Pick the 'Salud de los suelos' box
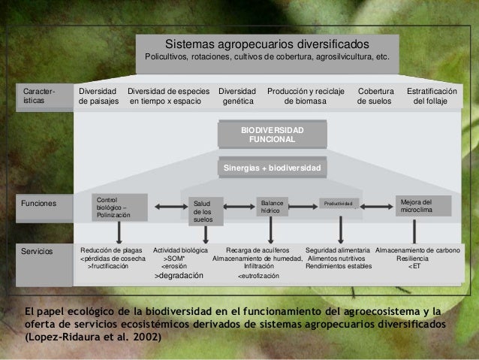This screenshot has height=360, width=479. click(x=204, y=211)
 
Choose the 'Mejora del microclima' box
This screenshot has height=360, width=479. click(x=424, y=206)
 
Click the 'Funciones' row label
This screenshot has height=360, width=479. click(x=38, y=201)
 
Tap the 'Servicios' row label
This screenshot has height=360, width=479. click(x=38, y=250)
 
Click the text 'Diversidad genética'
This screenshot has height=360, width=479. click(x=237, y=95)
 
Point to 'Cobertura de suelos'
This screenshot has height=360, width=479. click(x=375, y=95)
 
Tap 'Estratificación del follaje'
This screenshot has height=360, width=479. click(x=431, y=95)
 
